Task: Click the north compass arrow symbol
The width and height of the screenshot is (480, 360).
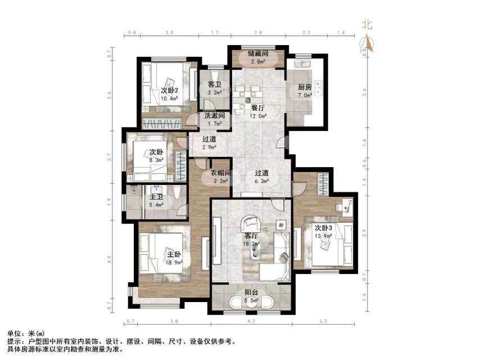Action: pos(367,41)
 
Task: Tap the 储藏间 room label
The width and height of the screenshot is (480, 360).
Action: pos(258,53)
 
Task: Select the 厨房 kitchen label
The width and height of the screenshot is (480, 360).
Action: pos(305,87)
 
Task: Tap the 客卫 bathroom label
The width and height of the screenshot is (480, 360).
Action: pos(214,85)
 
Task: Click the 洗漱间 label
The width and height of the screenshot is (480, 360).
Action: pos(214,116)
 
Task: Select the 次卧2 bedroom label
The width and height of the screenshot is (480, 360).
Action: pos(169,90)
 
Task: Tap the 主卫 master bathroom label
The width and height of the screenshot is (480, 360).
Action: pos(156,197)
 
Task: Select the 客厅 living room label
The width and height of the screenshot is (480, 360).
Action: pos(251,236)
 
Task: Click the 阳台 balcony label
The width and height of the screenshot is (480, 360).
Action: pos(251,292)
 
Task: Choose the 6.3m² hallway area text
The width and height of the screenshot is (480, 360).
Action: pos(261,181)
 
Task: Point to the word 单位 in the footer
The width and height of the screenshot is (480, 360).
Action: pos(15,334)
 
